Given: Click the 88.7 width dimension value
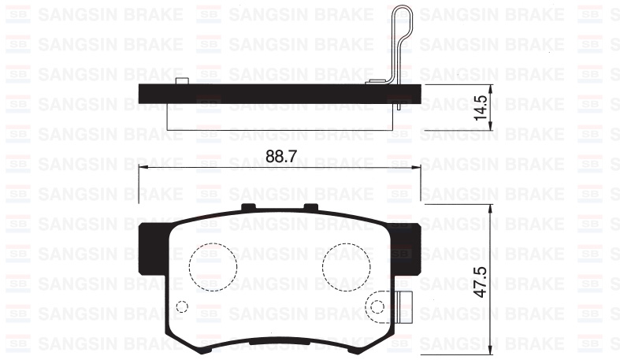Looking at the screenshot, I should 280,157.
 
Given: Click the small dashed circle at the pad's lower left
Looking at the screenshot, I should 182,306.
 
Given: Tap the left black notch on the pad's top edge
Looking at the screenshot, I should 250,207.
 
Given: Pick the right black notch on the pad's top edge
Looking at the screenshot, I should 310,207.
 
